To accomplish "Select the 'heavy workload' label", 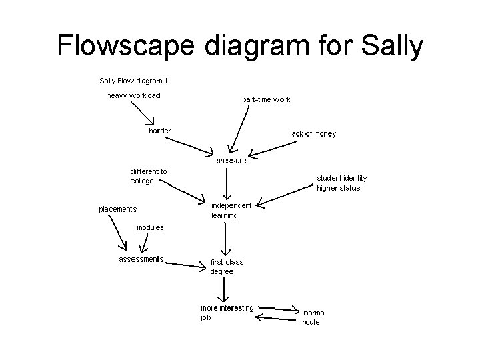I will pyautogui.click(x=133, y=95).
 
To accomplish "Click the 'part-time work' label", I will pyautogui.click(x=266, y=99).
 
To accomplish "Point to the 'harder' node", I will pyautogui.click(x=159, y=131).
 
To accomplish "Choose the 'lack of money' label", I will pyautogui.click(x=313, y=134).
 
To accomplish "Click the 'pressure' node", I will pyautogui.click(x=231, y=161).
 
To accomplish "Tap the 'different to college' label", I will pyautogui.click(x=148, y=176).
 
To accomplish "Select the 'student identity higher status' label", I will pyautogui.click(x=341, y=183).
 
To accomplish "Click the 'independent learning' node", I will pyautogui.click(x=231, y=210).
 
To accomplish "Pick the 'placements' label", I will pyautogui.click(x=118, y=209).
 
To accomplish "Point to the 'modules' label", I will pyautogui.click(x=150, y=227).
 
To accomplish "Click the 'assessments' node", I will pyautogui.click(x=141, y=259).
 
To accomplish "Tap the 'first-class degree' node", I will pyautogui.click(x=227, y=267).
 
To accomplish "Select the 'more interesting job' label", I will pyautogui.click(x=227, y=312).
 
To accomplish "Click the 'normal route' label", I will pyautogui.click(x=313, y=317).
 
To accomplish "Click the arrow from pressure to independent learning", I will pyautogui.click(x=228, y=182).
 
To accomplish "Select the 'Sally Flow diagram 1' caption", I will pyautogui.click(x=133, y=81).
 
